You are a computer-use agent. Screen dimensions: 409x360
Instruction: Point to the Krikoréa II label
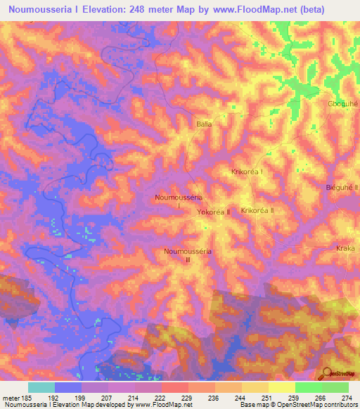click(x=257, y=210)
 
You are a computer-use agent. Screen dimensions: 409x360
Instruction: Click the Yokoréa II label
click(x=214, y=212)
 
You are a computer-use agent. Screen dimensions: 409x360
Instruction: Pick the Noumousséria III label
click(x=187, y=255)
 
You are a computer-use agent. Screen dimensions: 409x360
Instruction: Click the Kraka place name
click(x=346, y=249)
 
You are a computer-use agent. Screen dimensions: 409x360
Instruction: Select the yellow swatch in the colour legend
click(x=281, y=387)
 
